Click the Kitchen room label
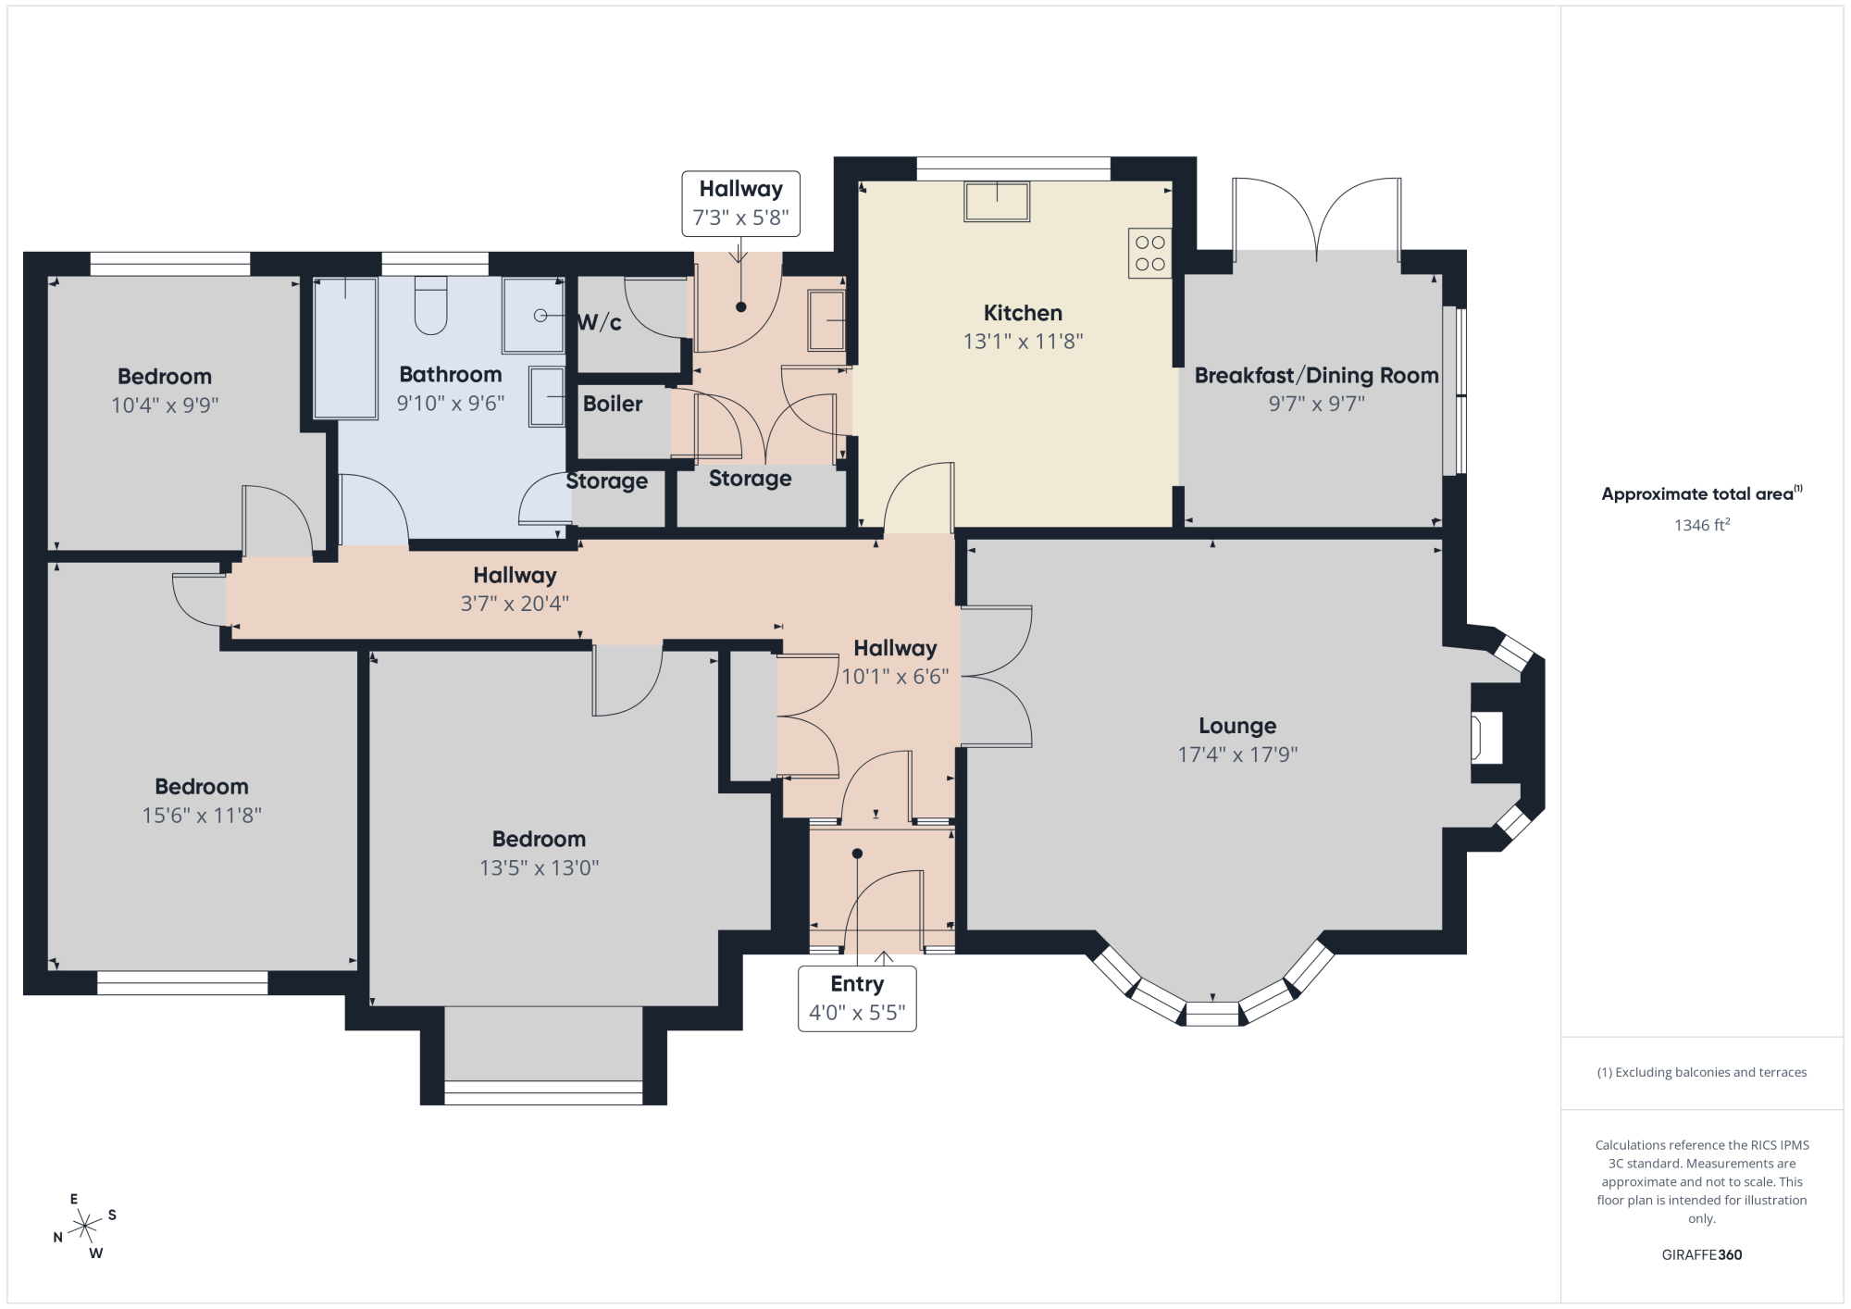point(1023,313)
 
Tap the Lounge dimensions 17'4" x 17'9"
point(1237,754)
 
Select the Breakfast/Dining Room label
point(1316,375)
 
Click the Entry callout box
point(857,999)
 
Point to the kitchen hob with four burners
point(1149,253)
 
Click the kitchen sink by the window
point(997,201)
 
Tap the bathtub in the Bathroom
point(345,348)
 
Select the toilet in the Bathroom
point(430,305)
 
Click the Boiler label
point(613,404)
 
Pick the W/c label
point(599,322)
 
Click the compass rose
point(85,1227)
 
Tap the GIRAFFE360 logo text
point(1702,1255)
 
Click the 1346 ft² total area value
point(1702,525)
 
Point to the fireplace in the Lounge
point(1486,737)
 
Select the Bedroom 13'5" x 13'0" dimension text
point(539,868)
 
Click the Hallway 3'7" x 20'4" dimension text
point(515,605)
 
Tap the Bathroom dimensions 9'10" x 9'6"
point(451,404)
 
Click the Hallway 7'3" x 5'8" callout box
point(741,204)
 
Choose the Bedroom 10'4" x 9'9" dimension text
point(165,405)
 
